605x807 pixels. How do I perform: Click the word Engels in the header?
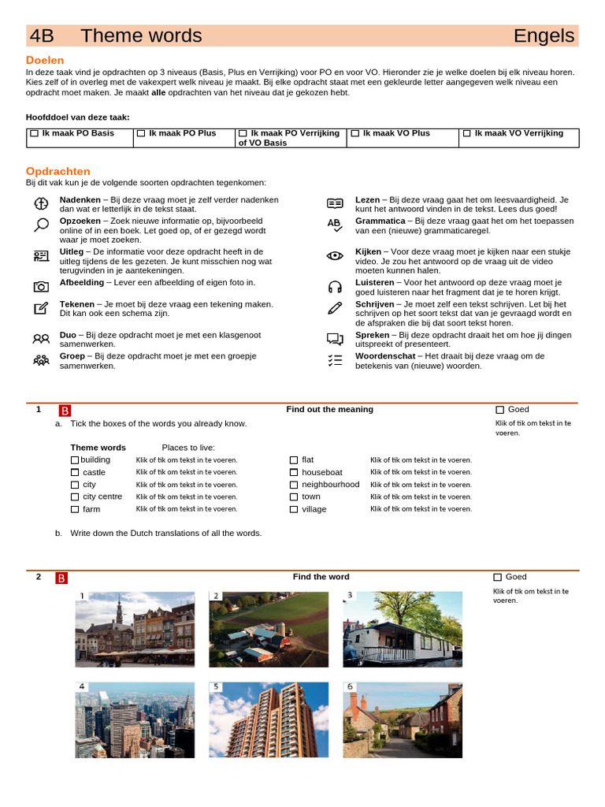point(544,36)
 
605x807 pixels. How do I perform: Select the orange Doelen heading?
point(45,61)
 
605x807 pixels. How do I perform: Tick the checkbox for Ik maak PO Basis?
point(34,134)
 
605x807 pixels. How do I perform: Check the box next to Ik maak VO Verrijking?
point(466,134)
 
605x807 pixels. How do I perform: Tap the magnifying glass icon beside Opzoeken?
point(41,225)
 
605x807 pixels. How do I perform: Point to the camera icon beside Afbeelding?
point(41,286)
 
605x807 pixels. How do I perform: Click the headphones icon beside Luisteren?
point(335,287)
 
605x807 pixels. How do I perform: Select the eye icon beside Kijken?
point(335,255)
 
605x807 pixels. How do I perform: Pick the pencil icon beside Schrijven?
point(335,308)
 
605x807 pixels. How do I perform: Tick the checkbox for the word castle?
point(75,473)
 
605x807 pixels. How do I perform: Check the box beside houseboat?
point(294,473)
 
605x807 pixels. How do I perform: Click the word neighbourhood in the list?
point(330,485)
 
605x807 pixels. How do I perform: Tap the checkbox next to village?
point(294,509)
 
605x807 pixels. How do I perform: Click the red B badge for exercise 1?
point(65,411)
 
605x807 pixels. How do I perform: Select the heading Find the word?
point(321,577)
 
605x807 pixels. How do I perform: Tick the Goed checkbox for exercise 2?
point(498,578)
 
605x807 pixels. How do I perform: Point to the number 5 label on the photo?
point(216,686)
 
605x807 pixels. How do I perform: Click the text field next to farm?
point(187,509)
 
